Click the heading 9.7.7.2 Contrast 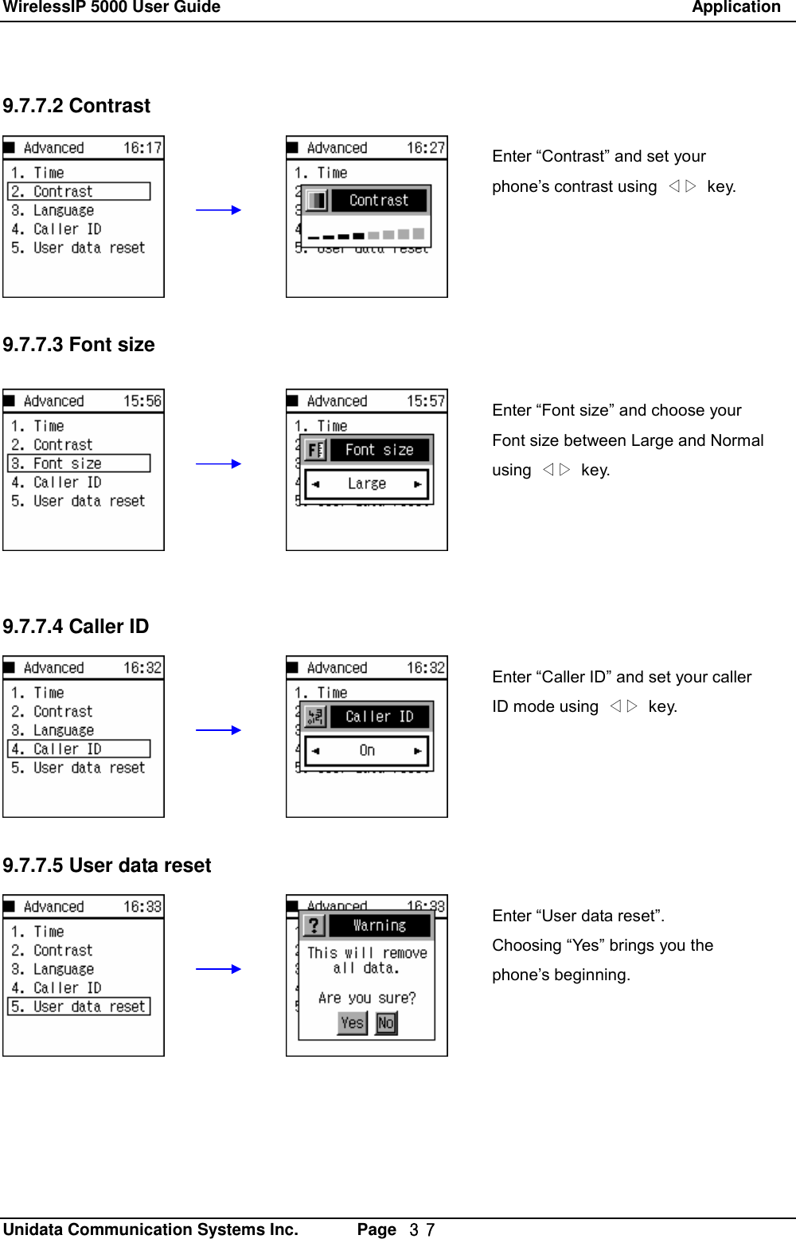click(x=76, y=106)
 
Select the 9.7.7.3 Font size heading click(x=79, y=345)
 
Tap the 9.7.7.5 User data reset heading click(x=107, y=866)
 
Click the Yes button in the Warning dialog click(x=353, y=1023)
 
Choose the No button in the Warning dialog click(x=386, y=1023)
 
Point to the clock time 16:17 click(x=142, y=148)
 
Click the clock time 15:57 click(x=426, y=401)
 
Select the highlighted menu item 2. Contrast click(x=79, y=192)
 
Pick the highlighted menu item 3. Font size click(x=79, y=463)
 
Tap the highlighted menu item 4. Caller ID click(x=79, y=749)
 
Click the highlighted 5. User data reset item click(x=79, y=1006)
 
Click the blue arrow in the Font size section click(x=218, y=463)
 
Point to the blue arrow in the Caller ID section click(x=218, y=730)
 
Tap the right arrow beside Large click(x=417, y=484)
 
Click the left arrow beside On click(x=316, y=751)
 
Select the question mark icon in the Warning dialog click(x=314, y=925)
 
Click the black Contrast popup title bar click(x=379, y=201)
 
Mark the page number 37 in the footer click(x=422, y=1230)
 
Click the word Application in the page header click(x=736, y=8)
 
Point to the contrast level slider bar click(x=366, y=235)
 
